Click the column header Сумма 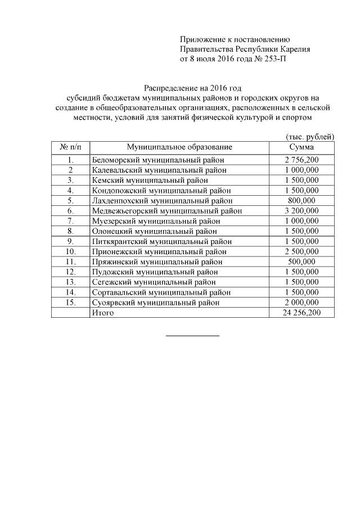[x=301, y=147]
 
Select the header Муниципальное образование [x=179, y=147]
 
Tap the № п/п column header [x=70, y=147]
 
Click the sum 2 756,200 [x=301, y=160]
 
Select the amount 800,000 [x=301, y=200]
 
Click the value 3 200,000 [x=301, y=211]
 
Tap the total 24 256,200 [x=301, y=312]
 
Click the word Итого [x=103, y=312]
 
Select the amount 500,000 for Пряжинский [x=301, y=262]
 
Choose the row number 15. [x=70, y=302]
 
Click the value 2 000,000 [x=301, y=302]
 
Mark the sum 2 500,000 [x=301, y=251]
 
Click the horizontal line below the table [x=192, y=336]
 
